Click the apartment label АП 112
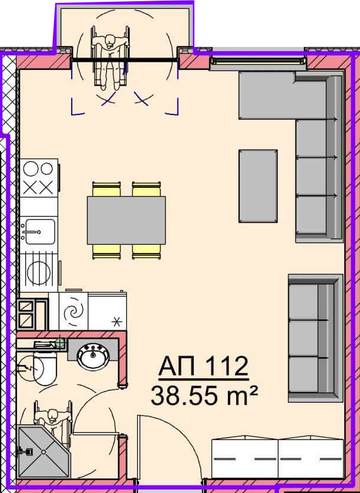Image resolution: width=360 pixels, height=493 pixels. click(204, 366)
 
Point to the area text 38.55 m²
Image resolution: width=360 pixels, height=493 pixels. click(204, 395)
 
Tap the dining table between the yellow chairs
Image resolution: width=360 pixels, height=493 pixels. click(126, 220)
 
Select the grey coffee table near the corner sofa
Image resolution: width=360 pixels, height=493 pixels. click(258, 186)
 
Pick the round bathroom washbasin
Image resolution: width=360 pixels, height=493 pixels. click(93, 357)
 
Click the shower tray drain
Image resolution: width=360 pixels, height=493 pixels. click(43, 451)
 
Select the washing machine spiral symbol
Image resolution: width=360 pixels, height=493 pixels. click(73, 312)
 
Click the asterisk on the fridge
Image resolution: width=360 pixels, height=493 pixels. click(117, 322)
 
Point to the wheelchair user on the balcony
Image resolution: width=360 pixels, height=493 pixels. click(110, 58)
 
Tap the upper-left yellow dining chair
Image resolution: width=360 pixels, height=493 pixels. click(106, 189)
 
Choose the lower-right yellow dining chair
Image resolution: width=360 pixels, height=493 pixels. click(147, 252)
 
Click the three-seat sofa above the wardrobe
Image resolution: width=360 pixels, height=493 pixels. click(315, 338)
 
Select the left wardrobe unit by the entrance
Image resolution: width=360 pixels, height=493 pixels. click(244, 458)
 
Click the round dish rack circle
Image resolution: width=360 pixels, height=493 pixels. click(39, 273)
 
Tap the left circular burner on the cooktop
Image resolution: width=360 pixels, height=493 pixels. click(31, 169)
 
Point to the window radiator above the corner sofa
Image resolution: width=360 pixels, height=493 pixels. click(258, 61)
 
